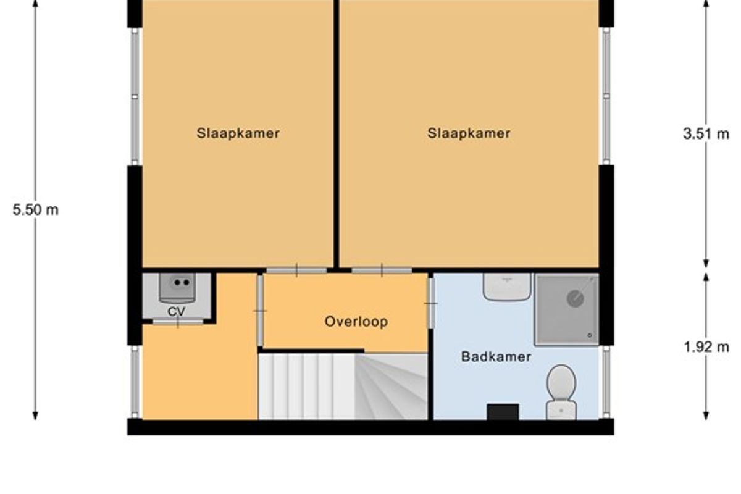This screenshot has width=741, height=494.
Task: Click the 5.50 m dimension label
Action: click(x=35, y=210)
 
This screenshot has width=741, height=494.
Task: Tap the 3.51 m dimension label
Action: click(x=706, y=134)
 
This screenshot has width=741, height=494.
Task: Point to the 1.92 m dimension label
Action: click(x=706, y=347)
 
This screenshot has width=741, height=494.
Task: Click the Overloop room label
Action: click(x=356, y=322)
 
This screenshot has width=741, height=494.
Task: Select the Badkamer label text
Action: click(x=496, y=357)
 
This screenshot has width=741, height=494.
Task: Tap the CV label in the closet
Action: click(x=177, y=311)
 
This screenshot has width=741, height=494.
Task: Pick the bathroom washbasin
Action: click(x=507, y=287)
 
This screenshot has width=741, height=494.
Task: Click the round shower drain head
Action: click(x=576, y=298)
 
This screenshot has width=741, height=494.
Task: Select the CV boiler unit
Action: click(x=177, y=288)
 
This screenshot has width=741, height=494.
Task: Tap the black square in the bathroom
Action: click(x=503, y=412)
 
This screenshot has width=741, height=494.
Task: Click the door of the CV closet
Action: click(x=178, y=321)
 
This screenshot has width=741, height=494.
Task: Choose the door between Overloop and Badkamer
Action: click(x=431, y=303)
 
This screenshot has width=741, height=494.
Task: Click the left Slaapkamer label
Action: click(x=238, y=133)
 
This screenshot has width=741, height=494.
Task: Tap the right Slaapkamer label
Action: click(x=469, y=133)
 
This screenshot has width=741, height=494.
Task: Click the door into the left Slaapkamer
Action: click(x=296, y=270)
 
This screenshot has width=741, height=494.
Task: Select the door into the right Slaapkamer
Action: click(x=382, y=270)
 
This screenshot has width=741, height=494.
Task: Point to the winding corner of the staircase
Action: click(x=391, y=387)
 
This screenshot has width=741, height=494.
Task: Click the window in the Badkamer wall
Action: click(x=606, y=382)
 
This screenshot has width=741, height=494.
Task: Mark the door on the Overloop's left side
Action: click(x=260, y=311)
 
